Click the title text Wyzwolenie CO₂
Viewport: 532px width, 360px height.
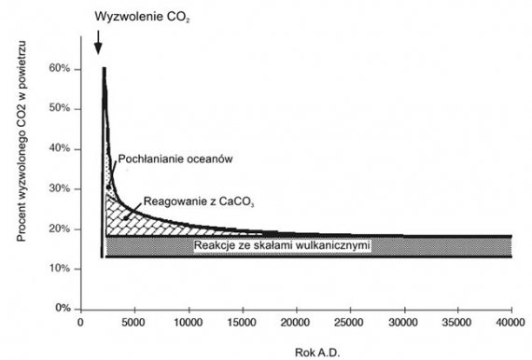click(142, 17)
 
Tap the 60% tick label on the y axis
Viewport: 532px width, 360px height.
click(60, 69)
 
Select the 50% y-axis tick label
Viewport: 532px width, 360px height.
click(60, 109)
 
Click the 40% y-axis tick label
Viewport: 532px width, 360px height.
click(60, 149)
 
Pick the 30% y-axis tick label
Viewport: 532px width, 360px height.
click(60, 189)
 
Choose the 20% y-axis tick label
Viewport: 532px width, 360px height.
click(60, 228)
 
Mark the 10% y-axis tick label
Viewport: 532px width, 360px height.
click(60, 269)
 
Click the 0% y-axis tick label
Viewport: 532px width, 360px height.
click(63, 309)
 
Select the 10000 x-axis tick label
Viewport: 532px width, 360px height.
click(189, 324)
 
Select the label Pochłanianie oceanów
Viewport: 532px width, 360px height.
click(175, 159)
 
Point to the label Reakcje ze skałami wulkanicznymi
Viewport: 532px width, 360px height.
click(281, 246)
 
